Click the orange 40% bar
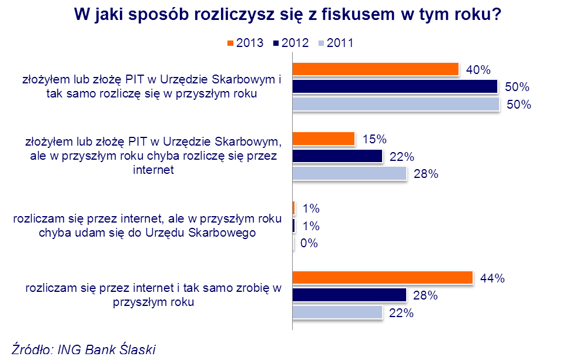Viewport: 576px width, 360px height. pos(375,69)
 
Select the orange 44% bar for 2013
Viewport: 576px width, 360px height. pos(383,278)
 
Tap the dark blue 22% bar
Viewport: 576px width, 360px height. pos(337,156)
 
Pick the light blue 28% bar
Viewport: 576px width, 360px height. pos(349,174)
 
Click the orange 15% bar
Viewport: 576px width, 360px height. pos(323,139)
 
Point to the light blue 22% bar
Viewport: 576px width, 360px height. pos(337,312)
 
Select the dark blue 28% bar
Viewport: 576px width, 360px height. pos(349,295)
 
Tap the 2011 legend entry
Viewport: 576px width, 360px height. pos(336,43)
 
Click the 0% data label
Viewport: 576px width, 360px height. pos(309,243)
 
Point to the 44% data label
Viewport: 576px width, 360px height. pos(493,278)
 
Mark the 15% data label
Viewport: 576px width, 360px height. pos(374,139)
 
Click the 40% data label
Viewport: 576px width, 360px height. pos(478,70)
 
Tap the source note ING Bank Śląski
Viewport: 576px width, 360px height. pos(106,351)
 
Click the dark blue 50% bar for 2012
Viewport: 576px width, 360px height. pos(394,87)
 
